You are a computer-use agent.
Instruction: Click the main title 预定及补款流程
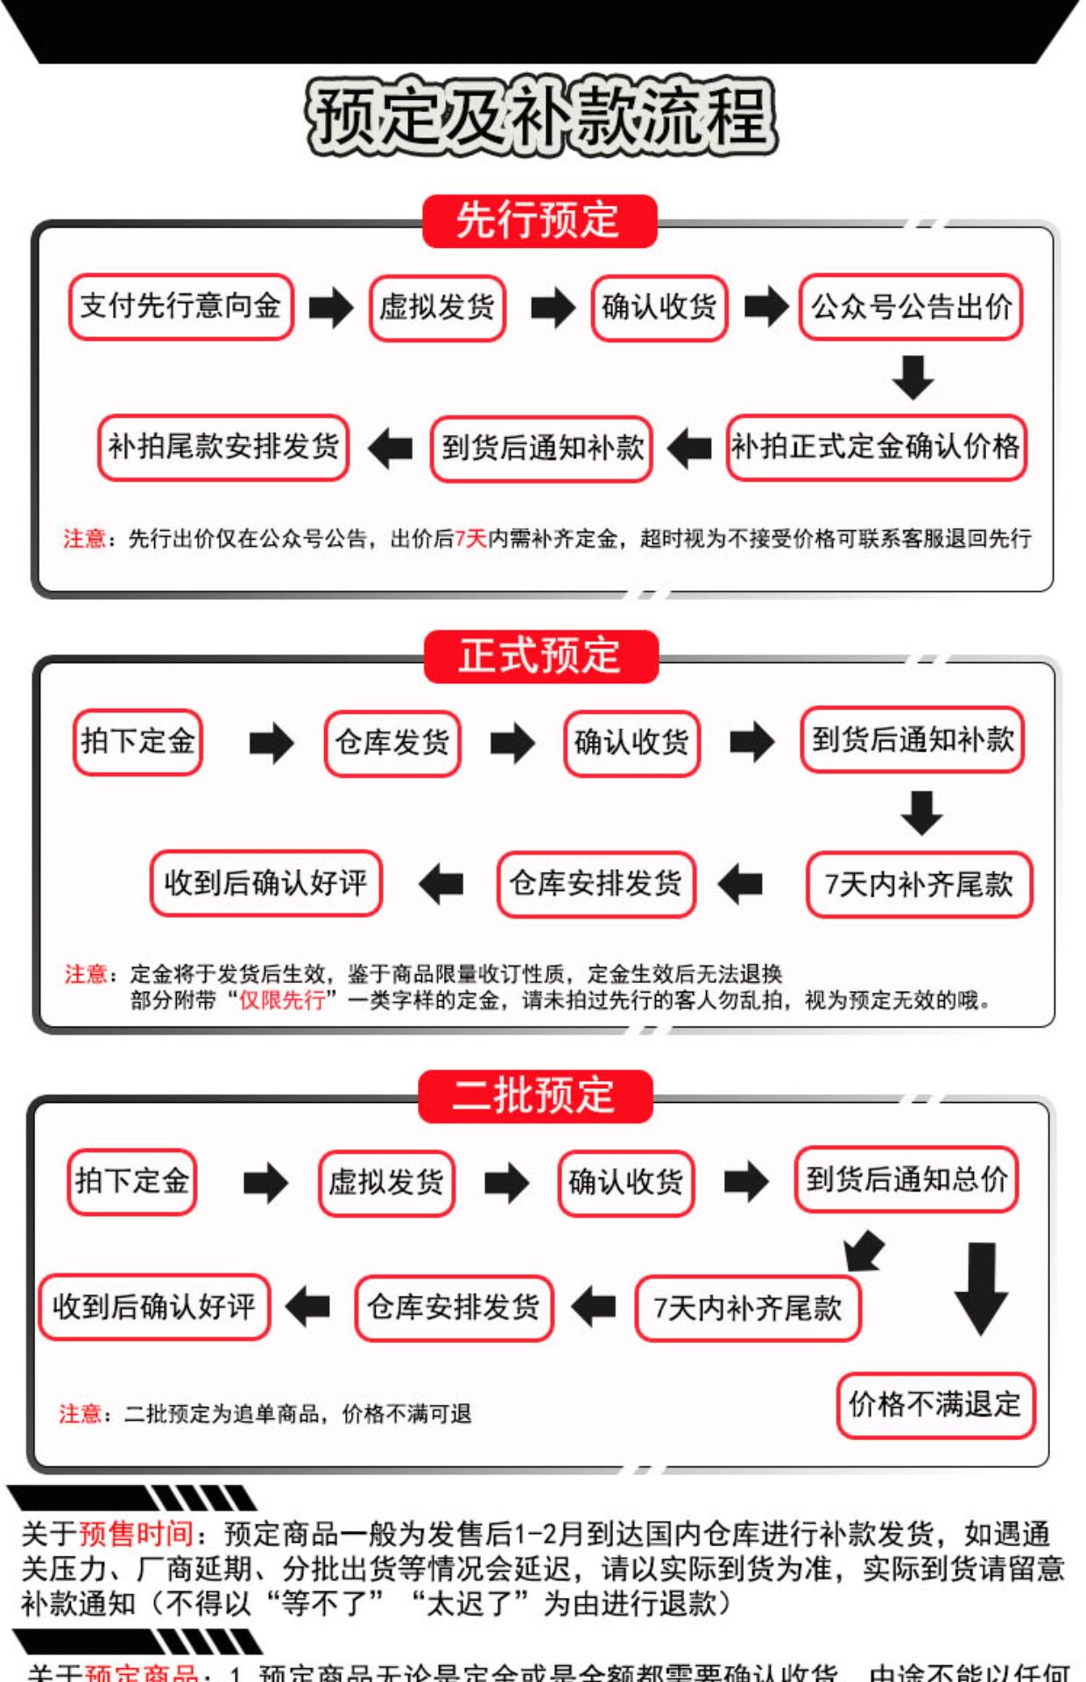(x=541, y=117)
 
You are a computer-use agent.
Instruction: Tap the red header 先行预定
(x=539, y=221)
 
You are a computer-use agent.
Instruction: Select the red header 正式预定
(x=540, y=656)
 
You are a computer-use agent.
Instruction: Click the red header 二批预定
(x=535, y=1096)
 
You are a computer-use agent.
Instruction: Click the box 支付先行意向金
(x=180, y=307)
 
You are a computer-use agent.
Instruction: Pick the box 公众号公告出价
(x=911, y=307)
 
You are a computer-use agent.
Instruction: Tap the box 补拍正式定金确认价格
(x=876, y=448)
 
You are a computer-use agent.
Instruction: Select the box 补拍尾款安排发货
(x=223, y=448)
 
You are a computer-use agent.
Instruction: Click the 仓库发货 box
(x=392, y=743)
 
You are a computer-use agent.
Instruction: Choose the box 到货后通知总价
(x=906, y=1179)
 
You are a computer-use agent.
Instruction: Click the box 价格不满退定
(x=935, y=1405)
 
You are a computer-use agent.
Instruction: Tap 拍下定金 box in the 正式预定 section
(x=138, y=742)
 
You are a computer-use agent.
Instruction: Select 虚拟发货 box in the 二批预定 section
(x=386, y=1183)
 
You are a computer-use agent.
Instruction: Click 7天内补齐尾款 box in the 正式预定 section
(x=919, y=884)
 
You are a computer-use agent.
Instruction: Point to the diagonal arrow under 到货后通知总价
(x=864, y=1250)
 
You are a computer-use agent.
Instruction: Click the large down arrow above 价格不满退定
(x=981, y=1288)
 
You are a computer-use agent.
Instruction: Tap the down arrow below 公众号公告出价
(x=913, y=377)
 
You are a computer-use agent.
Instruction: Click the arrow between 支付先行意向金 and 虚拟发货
(x=331, y=307)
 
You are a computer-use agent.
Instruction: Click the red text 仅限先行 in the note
(x=282, y=1000)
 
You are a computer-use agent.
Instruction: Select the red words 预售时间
(x=136, y=1533)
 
